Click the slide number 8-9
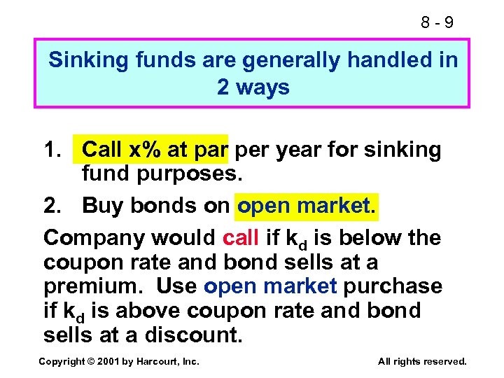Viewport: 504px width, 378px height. click(x=437, y=22)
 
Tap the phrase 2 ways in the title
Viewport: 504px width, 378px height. click(x=253, y=87)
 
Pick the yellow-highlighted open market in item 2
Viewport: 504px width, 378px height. click(x=307, y=205)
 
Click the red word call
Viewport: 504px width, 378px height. click(x=241, y=238)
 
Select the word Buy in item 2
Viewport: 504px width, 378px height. click(x=100, y=206)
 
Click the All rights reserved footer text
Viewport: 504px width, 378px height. click(x=421, y=361)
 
